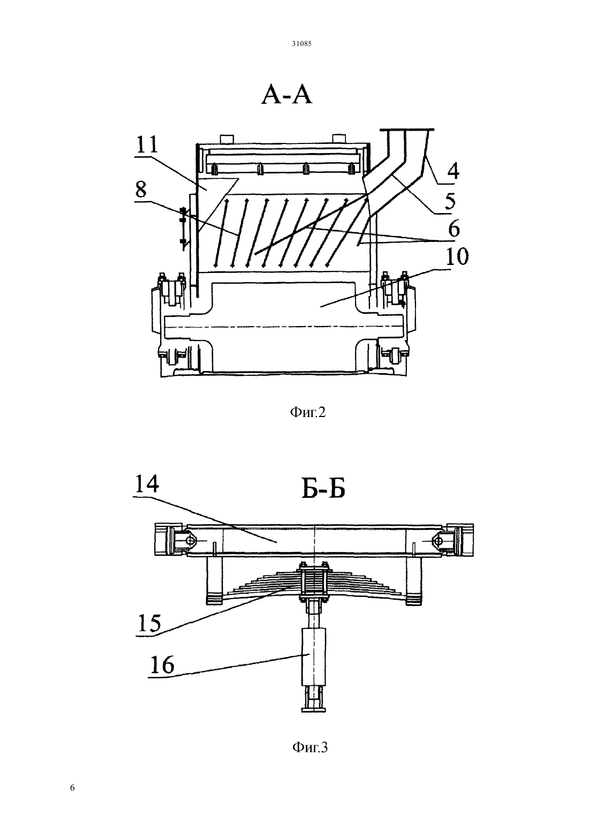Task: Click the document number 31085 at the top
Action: click(x=301, y=44)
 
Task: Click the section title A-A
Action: click(x=286, y=94)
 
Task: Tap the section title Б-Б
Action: click(x=323, y=488)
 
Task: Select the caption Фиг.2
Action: click(x=307, y=412)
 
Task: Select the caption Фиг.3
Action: click(x=310, y=747)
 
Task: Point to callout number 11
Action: click(x=147, y=145)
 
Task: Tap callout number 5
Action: click(x=450, y=201)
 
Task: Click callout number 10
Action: click(x=457, y=256)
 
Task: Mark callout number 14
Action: click(x=147, y=484)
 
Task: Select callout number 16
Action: click(x=162, y=665)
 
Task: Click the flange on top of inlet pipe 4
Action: click(x=407, y=130)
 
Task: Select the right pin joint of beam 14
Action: click(x=439, y=540)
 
